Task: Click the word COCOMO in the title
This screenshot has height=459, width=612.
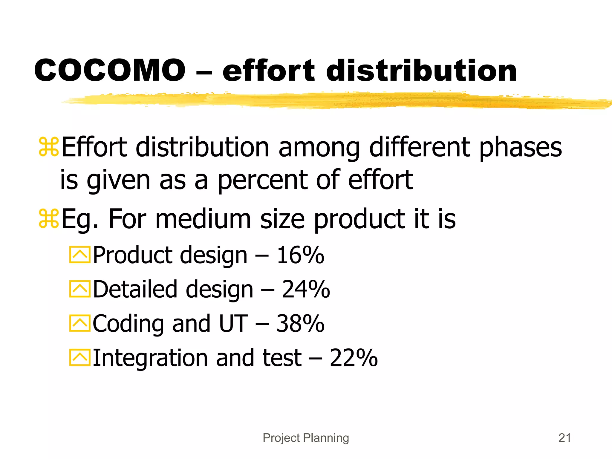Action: pyautogui.click(x=110, y=71)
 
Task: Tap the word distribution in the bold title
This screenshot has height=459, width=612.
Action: pyautogui.click(x=421, y=71)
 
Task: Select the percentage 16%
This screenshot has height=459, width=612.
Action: pyautogui.click(x=300, y=255)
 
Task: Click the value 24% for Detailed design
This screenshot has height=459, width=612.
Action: pyautogui.click(x=306, y=289)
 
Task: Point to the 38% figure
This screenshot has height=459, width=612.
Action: pyautogui.click(x=300, y=324)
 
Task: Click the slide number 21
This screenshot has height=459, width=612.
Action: pyautogui.click(x=564, y=438)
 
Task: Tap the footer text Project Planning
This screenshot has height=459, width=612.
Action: pyautogui.click(x=306, y=438)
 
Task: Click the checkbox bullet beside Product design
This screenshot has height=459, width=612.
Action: pyautogui.click(x=79, y=255)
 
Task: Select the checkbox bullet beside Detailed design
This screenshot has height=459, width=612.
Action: pyautogui.click(x=79, y=289)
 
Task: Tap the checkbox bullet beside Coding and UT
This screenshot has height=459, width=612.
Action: pyautogui.click(x=79, y=323)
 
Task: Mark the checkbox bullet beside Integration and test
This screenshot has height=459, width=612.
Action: pyautogui.click(x=79, y=357)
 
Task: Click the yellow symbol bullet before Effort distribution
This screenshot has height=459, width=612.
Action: pyautogui.click(x=49, y=147)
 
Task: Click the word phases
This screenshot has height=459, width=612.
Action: pyautogui.click(x=520, y=148)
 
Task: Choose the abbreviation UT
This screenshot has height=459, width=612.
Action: pyautogui.click(x=233, y=324)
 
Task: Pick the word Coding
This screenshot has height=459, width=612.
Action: pyautogui.click(x=128, y=324)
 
